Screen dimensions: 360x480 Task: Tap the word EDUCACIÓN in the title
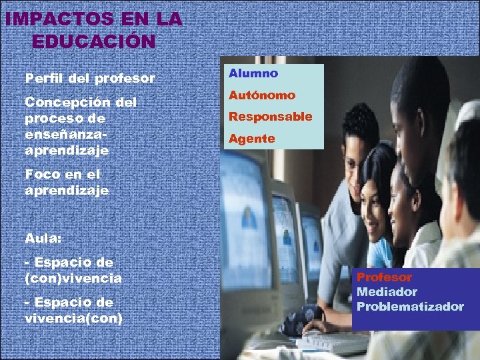93,41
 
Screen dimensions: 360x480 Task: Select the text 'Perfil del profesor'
90,79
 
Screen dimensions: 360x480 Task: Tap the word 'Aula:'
42,237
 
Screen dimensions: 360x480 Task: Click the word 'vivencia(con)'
73,318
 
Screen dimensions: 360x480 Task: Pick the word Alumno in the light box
253,73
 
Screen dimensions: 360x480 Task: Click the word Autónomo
262,96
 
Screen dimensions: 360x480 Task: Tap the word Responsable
270,117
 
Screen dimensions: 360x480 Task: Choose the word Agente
252,139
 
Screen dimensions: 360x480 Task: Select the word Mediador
387,292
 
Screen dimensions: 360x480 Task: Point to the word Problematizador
410,307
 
